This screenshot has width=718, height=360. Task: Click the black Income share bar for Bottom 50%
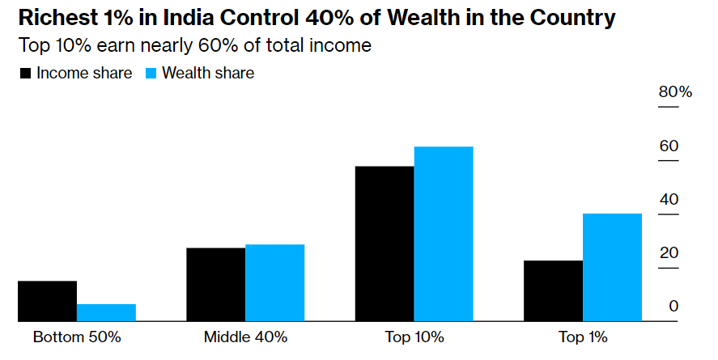[x=48, y=301]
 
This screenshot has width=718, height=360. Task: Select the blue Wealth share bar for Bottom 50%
[x=106, y=312]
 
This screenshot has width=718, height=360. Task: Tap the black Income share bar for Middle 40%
[x=215, y=284]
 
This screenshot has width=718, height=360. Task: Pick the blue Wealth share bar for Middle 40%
[x=274, y=282]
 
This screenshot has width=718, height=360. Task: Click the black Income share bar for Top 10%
[x=384, y=244]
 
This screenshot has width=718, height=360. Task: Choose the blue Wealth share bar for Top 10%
[x=443, y=234]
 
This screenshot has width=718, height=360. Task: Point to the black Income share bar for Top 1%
[x=553, y=290]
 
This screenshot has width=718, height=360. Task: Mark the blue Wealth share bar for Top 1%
[x=612, y=267]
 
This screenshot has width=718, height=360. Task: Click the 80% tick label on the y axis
[x=675, y=92]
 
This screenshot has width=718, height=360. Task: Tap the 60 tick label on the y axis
[x=669, y=146]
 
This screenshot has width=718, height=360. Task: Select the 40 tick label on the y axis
[x=669, y=200]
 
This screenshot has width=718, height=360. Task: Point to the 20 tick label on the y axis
[x=669, y=253]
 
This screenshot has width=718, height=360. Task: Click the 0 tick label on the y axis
[x=673, y=307]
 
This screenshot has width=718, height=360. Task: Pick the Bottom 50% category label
[x=77, y=337]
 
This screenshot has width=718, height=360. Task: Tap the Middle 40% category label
[x=245, y=337]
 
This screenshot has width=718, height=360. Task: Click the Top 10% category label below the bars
[x=414, y=337]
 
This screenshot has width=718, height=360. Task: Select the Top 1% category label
[x=583, y=337]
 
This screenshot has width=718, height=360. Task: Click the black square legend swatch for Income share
[x=25, y=74]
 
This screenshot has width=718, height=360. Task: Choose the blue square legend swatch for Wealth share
[x=151, y=74]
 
